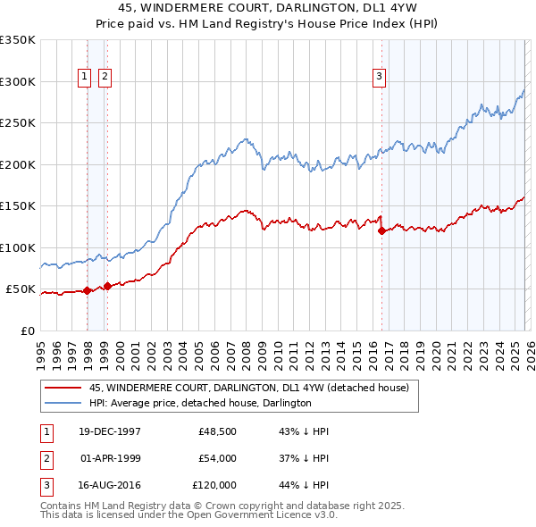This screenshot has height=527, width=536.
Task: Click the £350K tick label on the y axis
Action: tap(18, 40)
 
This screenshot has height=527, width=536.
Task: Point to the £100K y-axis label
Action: tap(18, 247)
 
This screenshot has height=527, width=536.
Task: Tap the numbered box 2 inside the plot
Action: tap(105, 78)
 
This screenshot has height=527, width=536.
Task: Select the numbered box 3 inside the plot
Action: tap(380, 78)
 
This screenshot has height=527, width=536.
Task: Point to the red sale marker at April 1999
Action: tap(107, 286)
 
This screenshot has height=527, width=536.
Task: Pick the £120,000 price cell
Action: tap(215, 485)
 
